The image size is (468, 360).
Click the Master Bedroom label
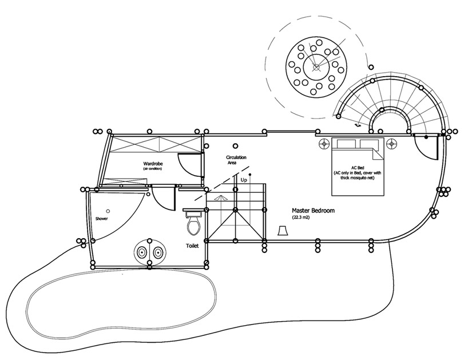click(x=313, y=211)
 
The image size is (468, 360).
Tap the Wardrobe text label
click(x=153, y=164)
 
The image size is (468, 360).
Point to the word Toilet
click(x=192, y=246)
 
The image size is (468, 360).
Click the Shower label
click(x=102, y=219)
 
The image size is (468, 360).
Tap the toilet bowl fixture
click(x=193, y=223)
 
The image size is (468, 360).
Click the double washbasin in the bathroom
click(x=150, y=251)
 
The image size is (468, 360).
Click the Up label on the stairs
click(x=244, y=180)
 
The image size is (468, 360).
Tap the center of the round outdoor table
click(x=315, y=67)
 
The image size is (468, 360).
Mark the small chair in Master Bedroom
click(x=282, y=230)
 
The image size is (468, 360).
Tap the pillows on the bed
click(x=358, y=143)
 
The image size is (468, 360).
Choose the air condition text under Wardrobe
click(x=153, y=169)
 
